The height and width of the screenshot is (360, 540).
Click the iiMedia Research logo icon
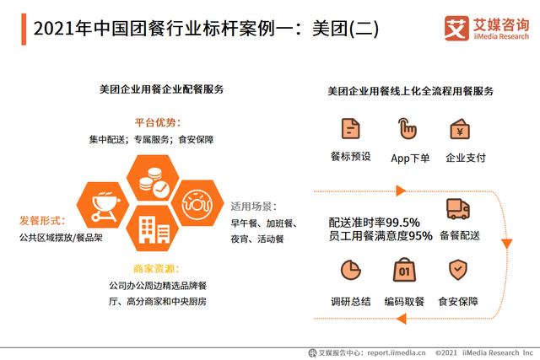[x=456, y=29]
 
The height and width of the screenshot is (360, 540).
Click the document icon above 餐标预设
[x=351, y=128]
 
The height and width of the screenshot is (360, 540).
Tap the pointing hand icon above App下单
[x=407, y=128]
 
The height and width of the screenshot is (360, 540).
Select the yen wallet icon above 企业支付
[x=460, y=129]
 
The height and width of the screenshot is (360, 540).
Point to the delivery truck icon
[x=458, y=209]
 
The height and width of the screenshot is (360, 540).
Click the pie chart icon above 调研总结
[x=351, y=270]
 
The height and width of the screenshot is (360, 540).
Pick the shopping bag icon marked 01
[x=405, y=270]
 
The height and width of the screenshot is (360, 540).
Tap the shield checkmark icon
[x=458, y=270]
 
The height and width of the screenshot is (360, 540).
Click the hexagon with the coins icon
[x=153, y=178]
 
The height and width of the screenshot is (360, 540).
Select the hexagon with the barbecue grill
[x=103, y=205]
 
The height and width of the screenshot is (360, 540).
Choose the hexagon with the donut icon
[x=197, y=203]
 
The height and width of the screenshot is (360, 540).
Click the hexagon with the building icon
[x=153, y=228]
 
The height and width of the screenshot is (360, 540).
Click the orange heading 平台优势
[x=158, y=122]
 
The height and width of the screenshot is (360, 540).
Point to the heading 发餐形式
[x=42, y=220]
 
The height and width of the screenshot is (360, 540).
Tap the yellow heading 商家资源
[x=156, y=268]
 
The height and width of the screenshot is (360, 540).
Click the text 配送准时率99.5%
[x=374, y=223]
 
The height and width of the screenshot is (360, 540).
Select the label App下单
[x=410, y=158]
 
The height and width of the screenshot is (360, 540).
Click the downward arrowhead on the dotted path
[x=506, y=244]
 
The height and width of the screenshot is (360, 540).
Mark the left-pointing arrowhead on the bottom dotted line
[x=402, y=319]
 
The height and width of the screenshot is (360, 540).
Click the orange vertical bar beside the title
[x=24, y=30]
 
